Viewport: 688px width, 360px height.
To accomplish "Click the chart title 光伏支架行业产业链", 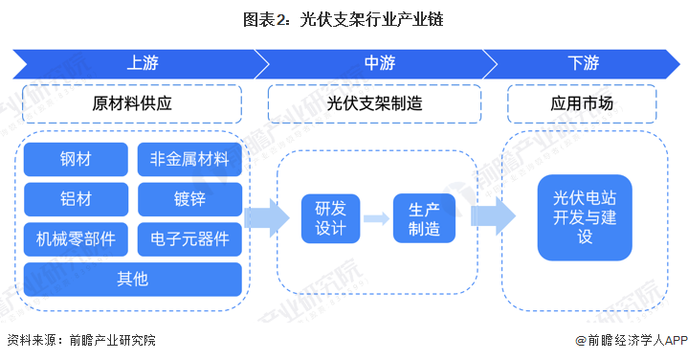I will coord(344,18).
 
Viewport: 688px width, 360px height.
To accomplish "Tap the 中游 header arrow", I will coord(377,63).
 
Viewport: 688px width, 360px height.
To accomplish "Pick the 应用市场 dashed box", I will coord(582,103).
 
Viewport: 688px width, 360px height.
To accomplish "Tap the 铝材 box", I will coord(77,199).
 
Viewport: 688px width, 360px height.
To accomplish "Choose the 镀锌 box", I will coord(189,199).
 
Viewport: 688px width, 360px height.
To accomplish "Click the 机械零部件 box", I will coord(77,238).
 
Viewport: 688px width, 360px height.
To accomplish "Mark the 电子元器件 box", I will coord(189,238).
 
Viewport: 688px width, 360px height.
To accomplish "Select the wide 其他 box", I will coord(133,279).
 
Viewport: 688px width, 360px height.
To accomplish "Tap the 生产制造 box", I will coord(423,219).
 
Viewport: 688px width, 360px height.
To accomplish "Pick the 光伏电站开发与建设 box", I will coord(585,217).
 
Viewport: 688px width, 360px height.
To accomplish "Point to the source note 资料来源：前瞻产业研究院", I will coord(80,340).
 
